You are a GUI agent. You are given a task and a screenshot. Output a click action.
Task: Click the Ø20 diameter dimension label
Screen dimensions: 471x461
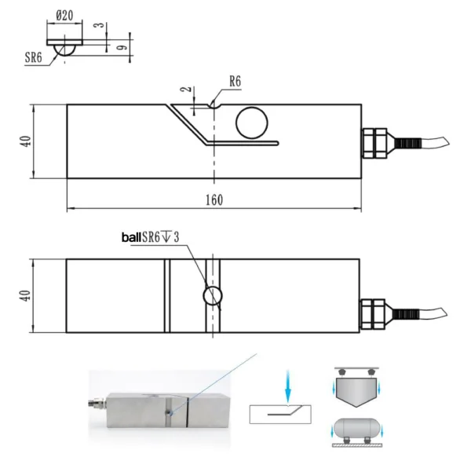(64, 15)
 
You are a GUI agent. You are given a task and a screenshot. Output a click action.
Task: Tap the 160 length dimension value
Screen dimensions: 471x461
(214, 200)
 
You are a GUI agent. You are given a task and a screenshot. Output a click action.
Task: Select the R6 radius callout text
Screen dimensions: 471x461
(235, 81)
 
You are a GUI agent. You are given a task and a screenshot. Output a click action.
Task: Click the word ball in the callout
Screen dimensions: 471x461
(131, 237)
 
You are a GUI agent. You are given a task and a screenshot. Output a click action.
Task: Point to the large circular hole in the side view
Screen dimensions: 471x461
(252, 123)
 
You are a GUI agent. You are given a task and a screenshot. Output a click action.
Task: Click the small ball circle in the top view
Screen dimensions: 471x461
(213, 296)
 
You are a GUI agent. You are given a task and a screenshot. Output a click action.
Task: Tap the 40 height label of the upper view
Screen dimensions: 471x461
(26, 141)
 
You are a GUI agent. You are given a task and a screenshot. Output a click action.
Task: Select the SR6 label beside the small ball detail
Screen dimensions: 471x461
(33, 57)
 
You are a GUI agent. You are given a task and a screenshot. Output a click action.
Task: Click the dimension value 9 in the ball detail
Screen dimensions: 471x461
(122, 47)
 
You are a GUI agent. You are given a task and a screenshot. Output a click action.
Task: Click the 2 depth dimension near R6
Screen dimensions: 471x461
(186, 90)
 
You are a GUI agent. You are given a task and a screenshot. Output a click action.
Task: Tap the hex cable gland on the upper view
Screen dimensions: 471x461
(374, 144)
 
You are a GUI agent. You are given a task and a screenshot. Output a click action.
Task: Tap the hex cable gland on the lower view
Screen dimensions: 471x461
(372, 314)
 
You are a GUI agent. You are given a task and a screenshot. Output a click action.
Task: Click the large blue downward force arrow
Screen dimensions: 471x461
(288, 387)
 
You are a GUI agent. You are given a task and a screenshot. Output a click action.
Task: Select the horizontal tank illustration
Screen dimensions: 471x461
(356, 431)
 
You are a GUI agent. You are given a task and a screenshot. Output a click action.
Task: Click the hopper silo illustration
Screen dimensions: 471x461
(356, 387)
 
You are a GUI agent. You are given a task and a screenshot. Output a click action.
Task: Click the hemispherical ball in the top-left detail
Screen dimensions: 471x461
(64, 50)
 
